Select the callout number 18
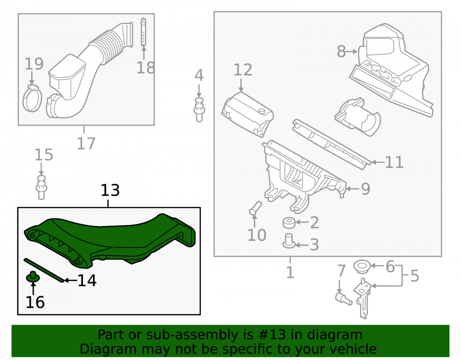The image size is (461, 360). tap(146, 68)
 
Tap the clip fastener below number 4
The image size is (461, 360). tap(199, 110)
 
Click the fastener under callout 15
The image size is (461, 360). tap(41, 188)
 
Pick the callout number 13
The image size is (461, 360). tap(110, 190)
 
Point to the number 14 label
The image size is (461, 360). tap(87, 281)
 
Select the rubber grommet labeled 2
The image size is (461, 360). tap(289, 223)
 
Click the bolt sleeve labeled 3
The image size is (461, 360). tap(289, 241)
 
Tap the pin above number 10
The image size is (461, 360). tap(255, 208)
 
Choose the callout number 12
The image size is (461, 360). tap(243, 70)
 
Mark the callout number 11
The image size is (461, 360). tap(394, 162)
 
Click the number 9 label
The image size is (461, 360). tap(366, 189)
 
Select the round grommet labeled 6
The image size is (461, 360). tap(362, 266)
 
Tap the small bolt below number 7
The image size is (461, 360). tap(344, 299)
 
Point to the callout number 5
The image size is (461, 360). tap(414, 276)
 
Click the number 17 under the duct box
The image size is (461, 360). tap(86, 144)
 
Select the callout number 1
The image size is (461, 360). tap(290, 272)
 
